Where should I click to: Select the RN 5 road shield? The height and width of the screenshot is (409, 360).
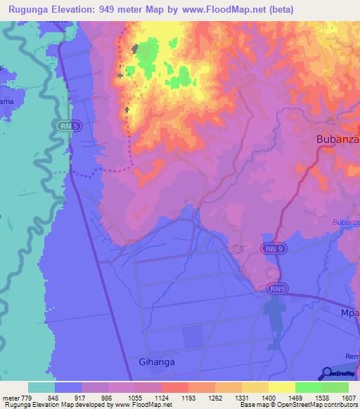pyautogui.click(x=65, y=124)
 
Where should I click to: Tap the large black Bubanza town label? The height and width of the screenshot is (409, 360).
pyautogui.click(x=337, y=139)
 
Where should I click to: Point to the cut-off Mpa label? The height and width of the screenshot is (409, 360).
pyautogui.click(x=350, y=313)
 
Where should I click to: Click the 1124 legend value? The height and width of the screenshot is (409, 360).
pyautogui.click(x=162, y=398)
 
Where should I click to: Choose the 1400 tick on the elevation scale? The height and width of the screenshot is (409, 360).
pyautogui.click(x=269, y=398)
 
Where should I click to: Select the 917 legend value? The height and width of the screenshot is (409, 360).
pyautogui.click(x=82, y=398)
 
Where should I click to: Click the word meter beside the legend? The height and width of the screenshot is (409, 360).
pyautogui.click(x=10, y=398)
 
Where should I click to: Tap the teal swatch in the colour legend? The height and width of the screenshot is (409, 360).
pyautogui.click(x=41, y=387)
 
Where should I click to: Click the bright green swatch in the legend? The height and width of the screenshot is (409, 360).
pyautogui.click(x=309, y=387)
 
